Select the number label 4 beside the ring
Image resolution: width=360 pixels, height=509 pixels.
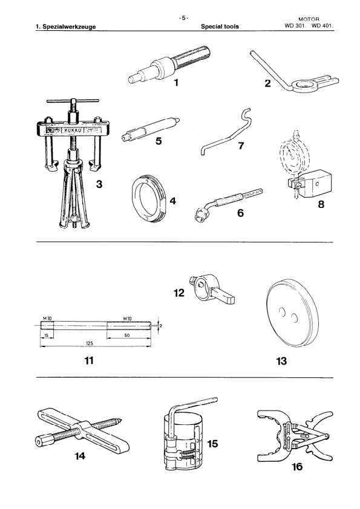click(x=173, y=201)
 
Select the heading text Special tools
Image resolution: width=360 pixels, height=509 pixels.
click(x=221, y=27)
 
